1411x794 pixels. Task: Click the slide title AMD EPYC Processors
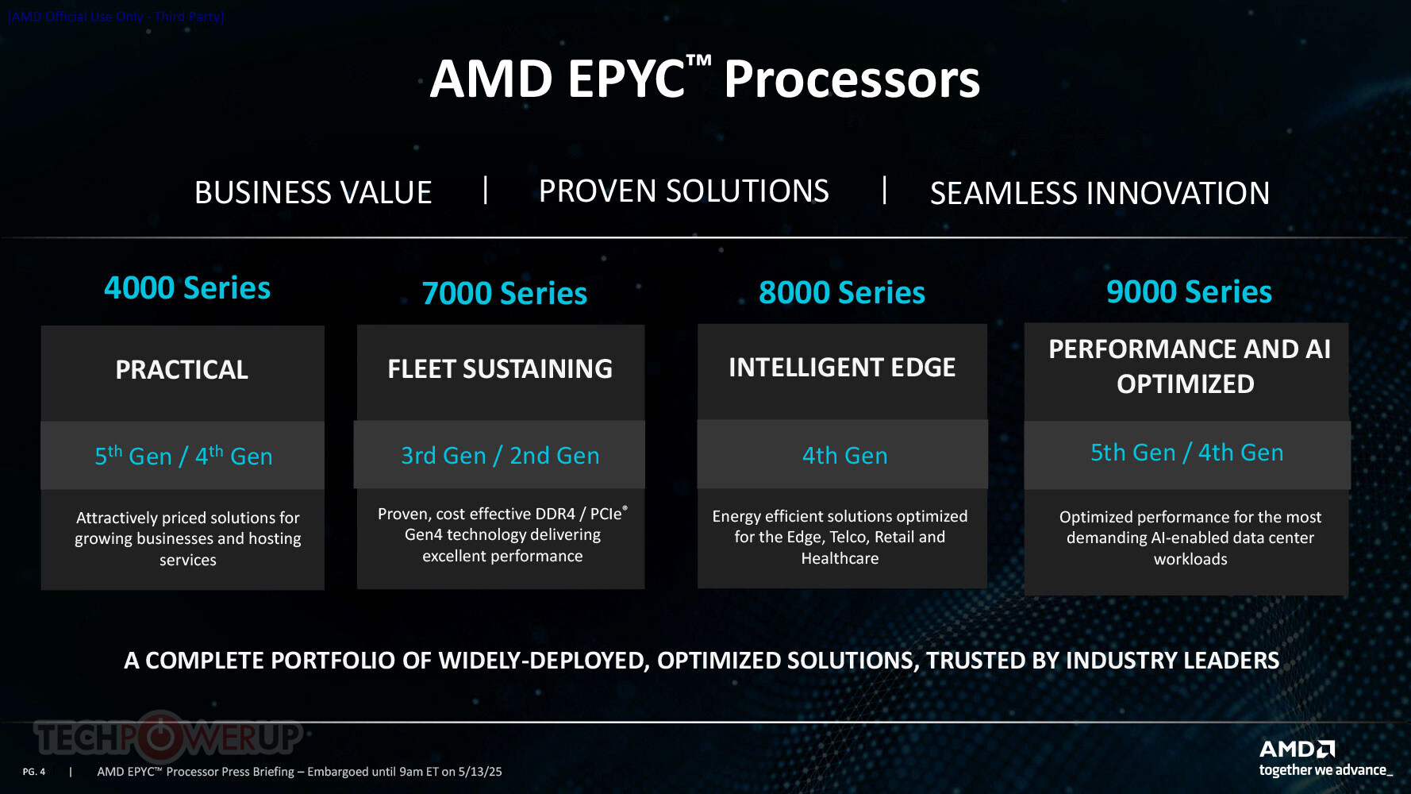pyautogui.click(x=705, y=79)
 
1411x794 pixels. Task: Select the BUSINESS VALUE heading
pyautogui.click(x=313, y=193)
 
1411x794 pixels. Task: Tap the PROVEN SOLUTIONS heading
pyautogui.click(x=684, y=191)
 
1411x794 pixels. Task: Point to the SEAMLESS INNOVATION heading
pyautogui.click(x=1100, y=194)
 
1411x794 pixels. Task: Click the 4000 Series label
pyautogui.click(x=187, y=287)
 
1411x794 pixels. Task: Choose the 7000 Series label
pyautogui.click(x=505, y=293)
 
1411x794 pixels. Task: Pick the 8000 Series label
pyautogui.click(x=842, y=292)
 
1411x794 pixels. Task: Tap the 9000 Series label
pyautogui.click(x=1189, y=291)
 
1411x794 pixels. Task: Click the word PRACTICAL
pyautogui.click(x=182, y=369)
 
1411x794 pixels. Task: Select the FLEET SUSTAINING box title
pyautogui.click(x=500, y=368)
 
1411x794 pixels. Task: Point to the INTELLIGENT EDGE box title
pyautogui.click(x=842, y=367)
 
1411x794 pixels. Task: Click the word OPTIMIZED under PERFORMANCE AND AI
pyautogui.click(x=1186, y=384)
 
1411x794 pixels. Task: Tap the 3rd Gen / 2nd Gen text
pyautogui.click(x=500, y=456)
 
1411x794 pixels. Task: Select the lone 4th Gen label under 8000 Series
pyautogui.click(x=844, y=456)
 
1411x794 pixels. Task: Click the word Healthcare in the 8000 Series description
pyautogui.click(x=840, y=558)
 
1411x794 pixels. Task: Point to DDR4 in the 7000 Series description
pyautogui.click(x=556, y=514)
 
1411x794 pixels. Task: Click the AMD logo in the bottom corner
pyautogui.click(x=1297, y=749)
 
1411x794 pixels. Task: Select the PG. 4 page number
pyautogui.click(x=34, y=772)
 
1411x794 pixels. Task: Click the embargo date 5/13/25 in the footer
pyautogui.click(x=480, y=772)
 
